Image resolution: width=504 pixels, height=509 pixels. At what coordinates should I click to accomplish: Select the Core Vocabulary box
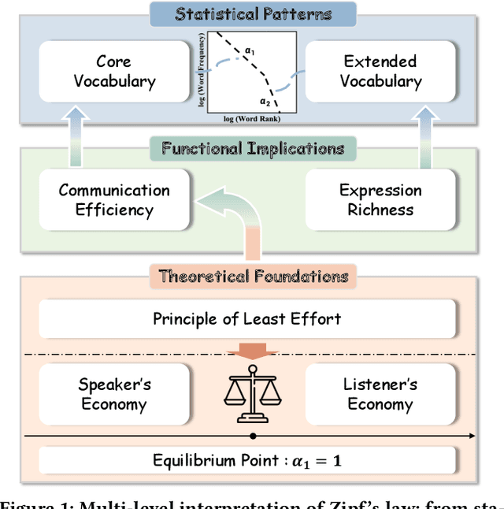point(115,72)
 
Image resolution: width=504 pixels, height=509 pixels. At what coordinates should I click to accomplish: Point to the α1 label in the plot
point(250,52)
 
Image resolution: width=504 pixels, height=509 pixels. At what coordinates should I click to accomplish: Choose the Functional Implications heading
point(253,148)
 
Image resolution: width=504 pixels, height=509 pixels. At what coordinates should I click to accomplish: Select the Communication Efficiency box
point(114,200)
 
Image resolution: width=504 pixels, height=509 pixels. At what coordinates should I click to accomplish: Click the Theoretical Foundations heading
point(253,276)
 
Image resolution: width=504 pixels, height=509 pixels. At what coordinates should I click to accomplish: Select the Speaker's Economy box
point(115,395)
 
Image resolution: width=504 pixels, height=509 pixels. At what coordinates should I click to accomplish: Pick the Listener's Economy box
point(380,395)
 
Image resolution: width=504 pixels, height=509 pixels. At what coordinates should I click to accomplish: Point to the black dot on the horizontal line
point(252,436)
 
